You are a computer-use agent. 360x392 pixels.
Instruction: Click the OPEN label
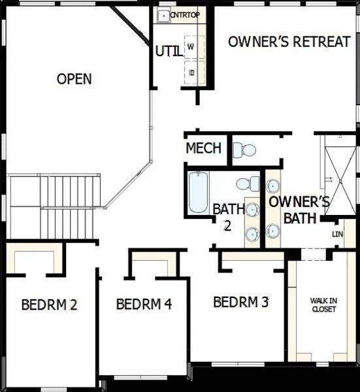(x=74, y=80)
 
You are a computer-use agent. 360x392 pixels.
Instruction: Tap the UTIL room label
(x=169, y=50)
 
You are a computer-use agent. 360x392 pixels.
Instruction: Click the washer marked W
(x=191, y=47)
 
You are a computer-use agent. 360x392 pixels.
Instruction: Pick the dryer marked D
(x=191, y=72)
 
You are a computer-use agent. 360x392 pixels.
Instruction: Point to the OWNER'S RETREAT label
(x=289, y=42)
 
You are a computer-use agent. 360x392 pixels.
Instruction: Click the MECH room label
(x=203, y=148)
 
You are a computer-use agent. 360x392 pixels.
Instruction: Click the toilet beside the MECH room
(x=245, y=150)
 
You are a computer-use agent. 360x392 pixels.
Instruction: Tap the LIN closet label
(x=337, y=234)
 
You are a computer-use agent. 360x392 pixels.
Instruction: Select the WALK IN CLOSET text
(x=323, y=305)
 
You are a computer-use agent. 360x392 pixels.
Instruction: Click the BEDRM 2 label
(x=50, y=304)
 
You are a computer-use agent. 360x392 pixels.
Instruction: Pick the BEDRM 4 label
(x=144, y=304)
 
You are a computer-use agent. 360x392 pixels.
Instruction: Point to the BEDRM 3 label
(x=241, y=302)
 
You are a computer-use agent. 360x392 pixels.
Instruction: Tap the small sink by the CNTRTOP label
(x=163, y=14)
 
